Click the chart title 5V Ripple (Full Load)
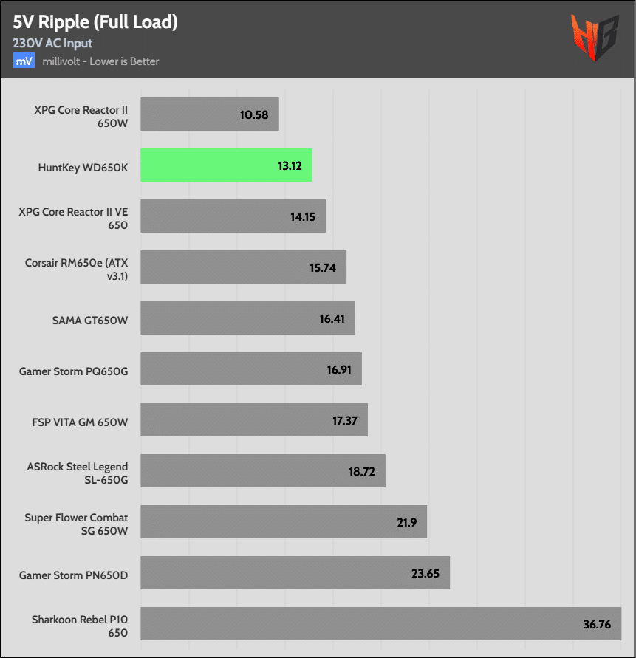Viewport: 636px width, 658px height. tap(95, 22)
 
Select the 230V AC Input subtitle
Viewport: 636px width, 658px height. tap(52, 44)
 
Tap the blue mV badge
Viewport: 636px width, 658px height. tap(24, 61)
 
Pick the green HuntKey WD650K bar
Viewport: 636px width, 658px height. tap(226, 165)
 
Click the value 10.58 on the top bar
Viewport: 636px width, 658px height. tap(253, 114)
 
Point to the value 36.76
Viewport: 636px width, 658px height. tap(597, 624)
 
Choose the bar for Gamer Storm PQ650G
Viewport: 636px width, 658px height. tap(251, 369)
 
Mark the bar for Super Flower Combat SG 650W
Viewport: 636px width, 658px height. tap(284, 522)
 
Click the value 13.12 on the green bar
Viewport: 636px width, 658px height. tap(290, 165)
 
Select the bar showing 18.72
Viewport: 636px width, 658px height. tap(263, 471)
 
